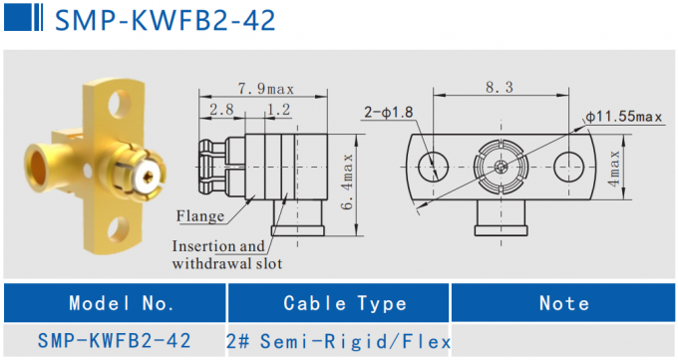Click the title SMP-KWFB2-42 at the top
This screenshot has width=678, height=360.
(165, 19)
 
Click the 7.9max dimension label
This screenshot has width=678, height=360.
(263, 88)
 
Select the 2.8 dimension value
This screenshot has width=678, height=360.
(221, 108)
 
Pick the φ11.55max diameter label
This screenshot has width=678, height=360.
(624, 117)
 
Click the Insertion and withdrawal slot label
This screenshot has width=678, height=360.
(226, 255)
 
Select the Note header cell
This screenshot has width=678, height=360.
(563, 303)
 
